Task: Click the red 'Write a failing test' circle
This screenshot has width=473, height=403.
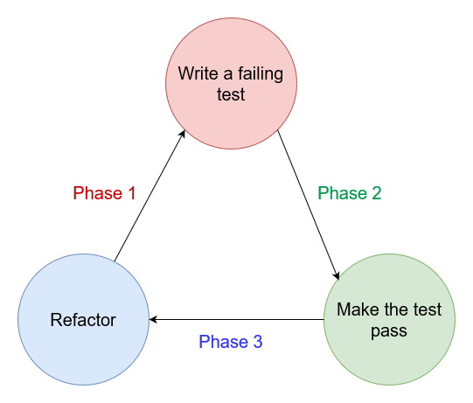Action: [x=231, y=83]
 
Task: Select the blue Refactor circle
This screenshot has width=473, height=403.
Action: [x=84, y=319]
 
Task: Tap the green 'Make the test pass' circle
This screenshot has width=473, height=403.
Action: [x=389, y=319]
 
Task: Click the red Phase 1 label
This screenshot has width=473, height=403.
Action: [x=104, y=193]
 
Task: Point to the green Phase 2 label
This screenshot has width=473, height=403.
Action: [x=350, y=193]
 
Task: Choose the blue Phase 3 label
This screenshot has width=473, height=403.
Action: [x=231, y=342]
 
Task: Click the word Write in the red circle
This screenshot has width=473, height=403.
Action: [x=198, y=73]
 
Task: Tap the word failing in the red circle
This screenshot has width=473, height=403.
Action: [x=261, y=74]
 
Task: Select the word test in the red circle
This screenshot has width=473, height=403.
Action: [x=231, y=94]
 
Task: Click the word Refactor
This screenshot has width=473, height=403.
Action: [x=83, y=320]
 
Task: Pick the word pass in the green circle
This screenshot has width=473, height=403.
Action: [x=389, y=331]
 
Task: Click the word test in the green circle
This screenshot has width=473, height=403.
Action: [x=428, y=309]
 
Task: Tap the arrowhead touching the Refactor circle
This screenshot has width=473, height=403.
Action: [x=153, y=319]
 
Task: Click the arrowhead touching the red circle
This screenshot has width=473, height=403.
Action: [x=183, y=135]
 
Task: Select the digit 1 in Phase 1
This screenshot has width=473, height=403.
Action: [x=131, y=193]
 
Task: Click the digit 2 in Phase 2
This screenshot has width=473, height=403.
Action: [x=377, y=193]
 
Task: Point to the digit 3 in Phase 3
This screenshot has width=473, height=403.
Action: [x=258, y=342]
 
